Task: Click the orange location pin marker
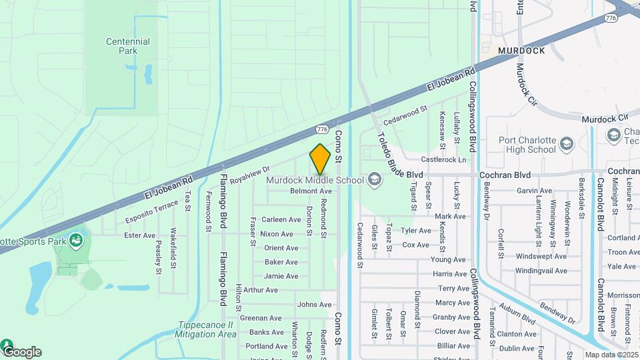click(x=321, y=159)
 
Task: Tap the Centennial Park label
click(x=127, y=46)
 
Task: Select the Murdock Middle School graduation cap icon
click(x=374, y=179)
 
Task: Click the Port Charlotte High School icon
click(x=566, y=144)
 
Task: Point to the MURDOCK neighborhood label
click(x=521, y=51)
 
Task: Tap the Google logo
click(x=22, y=351)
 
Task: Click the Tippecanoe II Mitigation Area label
click(x=207, y=330)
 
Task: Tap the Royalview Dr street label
click(x=249, y=176)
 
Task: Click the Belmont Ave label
click(x=306, y=191)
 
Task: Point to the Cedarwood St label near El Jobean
click(x=405, y=114)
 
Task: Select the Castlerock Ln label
click(x=443, y=160)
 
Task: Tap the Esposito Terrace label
click(x=152, y=211)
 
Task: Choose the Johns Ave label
click(x=314, y=305)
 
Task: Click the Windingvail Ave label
click(x=541, y=271)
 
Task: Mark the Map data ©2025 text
click(x=611, y=355)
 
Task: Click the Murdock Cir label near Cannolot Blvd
click(x=605, y=119)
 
